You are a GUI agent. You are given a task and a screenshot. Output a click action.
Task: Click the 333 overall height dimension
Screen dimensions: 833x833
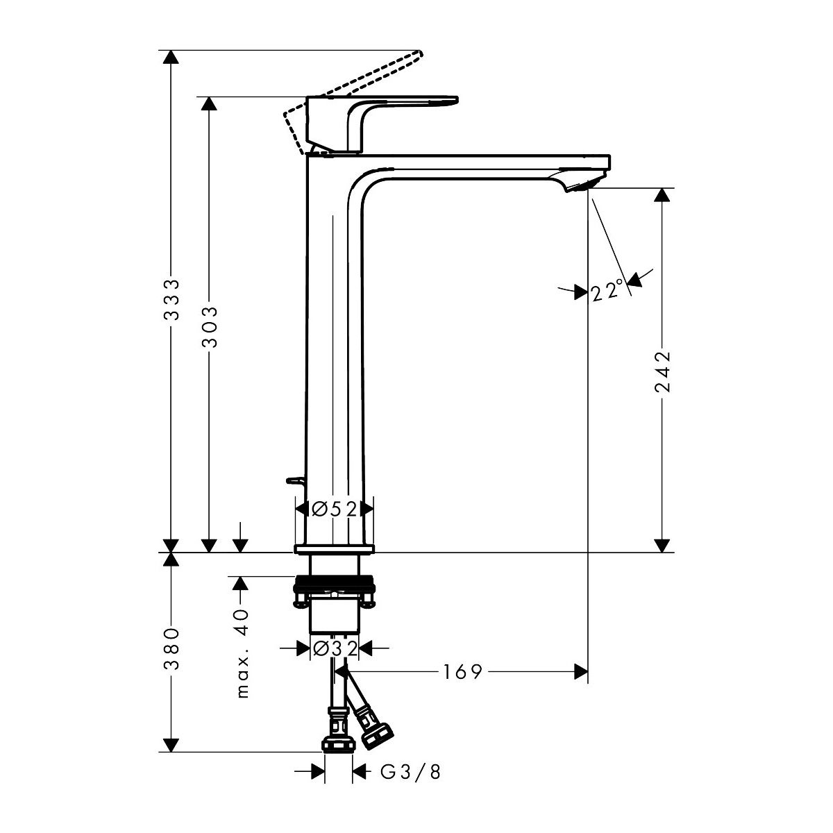(171, 299)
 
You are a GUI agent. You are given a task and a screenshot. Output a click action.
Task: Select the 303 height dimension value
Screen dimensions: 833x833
(209, 327)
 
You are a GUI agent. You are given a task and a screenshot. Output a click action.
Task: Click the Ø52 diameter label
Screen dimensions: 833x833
(335, 510)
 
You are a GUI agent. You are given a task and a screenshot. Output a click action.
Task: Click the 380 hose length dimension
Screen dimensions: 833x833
(171, 649)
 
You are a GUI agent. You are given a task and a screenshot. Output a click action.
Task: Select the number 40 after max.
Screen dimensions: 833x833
(243, 621)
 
